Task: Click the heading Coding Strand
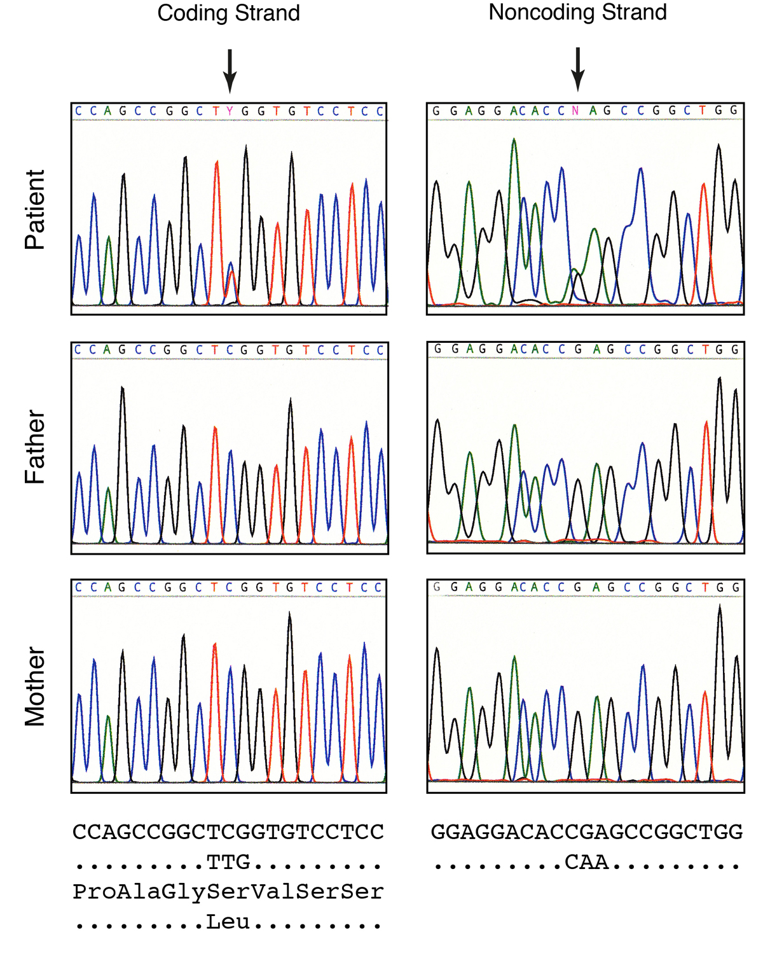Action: pyautogui.click(x=228, y=13)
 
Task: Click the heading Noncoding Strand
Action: pyautogui.click(x=577, y=12)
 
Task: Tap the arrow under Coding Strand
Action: pyautogui.click(x=230, y=70)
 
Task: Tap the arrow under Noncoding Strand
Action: pyautogui.click(x=577, y=69)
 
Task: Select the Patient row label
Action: pyautogui.click(x=35, y=209)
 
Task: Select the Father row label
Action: pyautogui.click(x=35, y=447)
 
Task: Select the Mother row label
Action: pyautogui.click(x=35, y=686)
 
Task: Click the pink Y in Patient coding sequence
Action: pyautogui.click(x=230, y=111)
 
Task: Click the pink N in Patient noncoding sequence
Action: pyautogui.click(x=575, y=111)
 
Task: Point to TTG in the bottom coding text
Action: pyautogui.click(x=228, y=862)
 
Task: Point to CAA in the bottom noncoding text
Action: pyautogui.click(x=587, y=862)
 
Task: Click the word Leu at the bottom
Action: pyautogui.click(x=228, y=922)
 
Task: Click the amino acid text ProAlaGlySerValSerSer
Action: pyautogui.click(x=228, y=892)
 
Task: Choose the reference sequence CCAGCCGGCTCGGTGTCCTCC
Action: pyautogui.click(x=228, y=832)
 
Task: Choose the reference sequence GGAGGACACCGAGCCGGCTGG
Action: pyautogui.click(x=587, y=832)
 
